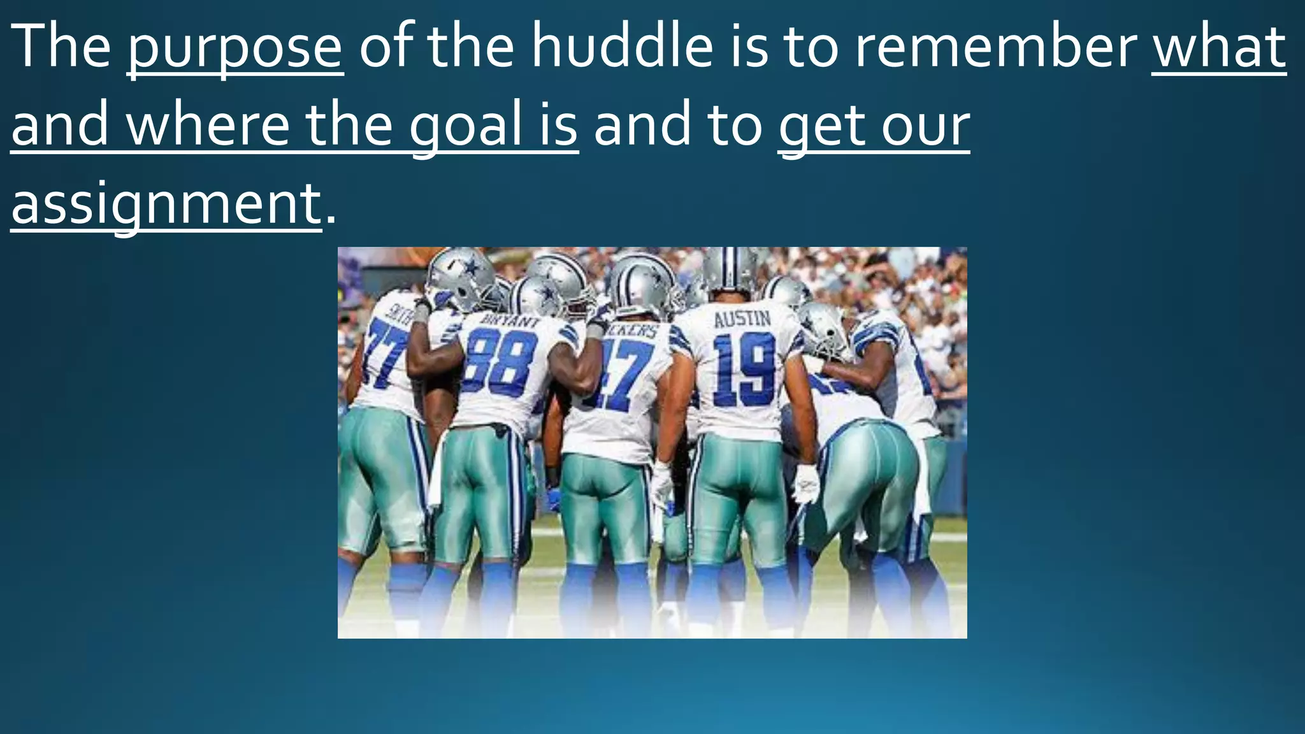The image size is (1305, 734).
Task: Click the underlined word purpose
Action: tap(235, 48)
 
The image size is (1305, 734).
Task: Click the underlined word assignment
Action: tap(166, 204)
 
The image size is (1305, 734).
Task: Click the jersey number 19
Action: tap(744, 370)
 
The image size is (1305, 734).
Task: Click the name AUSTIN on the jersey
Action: tap(742, 319)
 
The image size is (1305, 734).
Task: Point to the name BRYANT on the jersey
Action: tap(510, 320)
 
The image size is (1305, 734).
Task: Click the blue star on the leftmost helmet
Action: tap(470, 268)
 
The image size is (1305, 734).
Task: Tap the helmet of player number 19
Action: tap(730, 271)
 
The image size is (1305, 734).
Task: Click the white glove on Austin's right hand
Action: tap(807, 482)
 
